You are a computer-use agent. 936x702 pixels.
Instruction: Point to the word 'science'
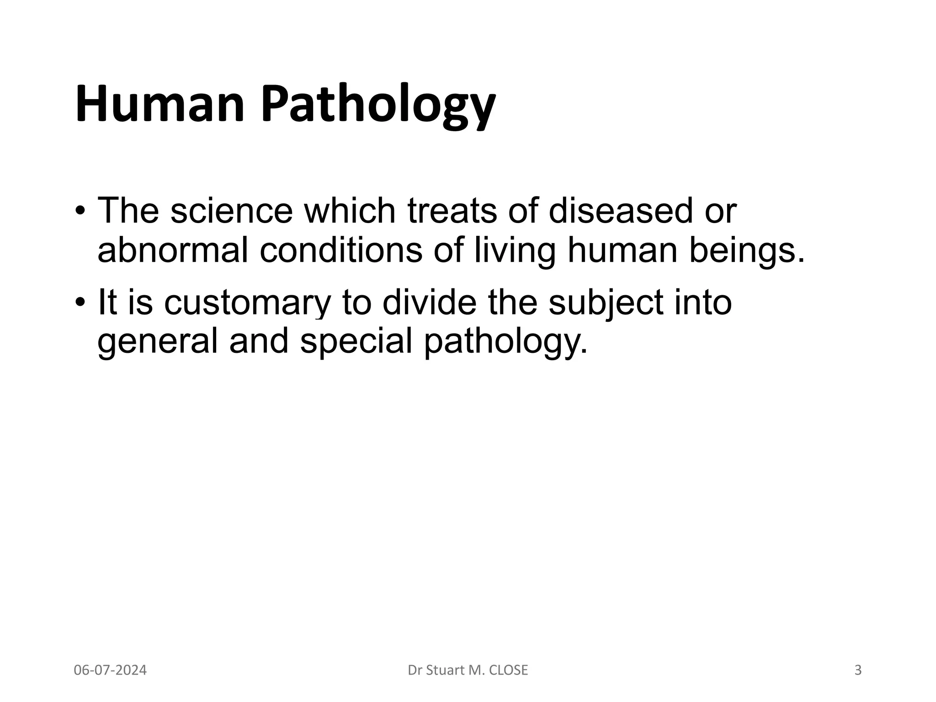coord(231,211)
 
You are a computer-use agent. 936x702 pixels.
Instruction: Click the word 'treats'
coord(452,211)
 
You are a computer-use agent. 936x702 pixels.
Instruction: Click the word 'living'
coord(515,251)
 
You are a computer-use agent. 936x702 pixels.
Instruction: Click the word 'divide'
coord(429,302)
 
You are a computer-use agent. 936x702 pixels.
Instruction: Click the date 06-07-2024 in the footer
coord(110,670)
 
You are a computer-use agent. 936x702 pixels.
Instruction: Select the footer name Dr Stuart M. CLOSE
coord(468,670)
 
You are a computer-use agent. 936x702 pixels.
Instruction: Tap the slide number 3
coord(858,670)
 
